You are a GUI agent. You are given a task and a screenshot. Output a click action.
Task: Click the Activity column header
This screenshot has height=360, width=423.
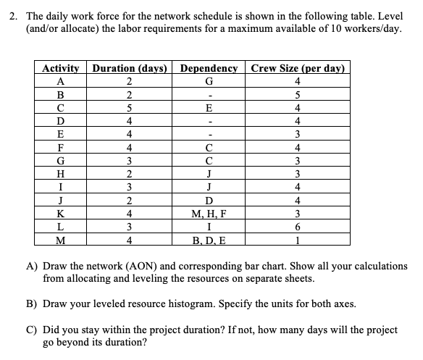pos(61,69)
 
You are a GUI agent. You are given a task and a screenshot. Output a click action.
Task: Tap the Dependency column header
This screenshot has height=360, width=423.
pos(209,69)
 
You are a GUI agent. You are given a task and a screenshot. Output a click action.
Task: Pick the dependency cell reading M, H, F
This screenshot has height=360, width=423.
pos(209,214)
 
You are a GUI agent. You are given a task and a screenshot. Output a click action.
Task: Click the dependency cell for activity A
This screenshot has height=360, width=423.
pos(209,82)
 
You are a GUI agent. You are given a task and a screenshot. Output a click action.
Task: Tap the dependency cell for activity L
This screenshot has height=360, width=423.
pos(209,227)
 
